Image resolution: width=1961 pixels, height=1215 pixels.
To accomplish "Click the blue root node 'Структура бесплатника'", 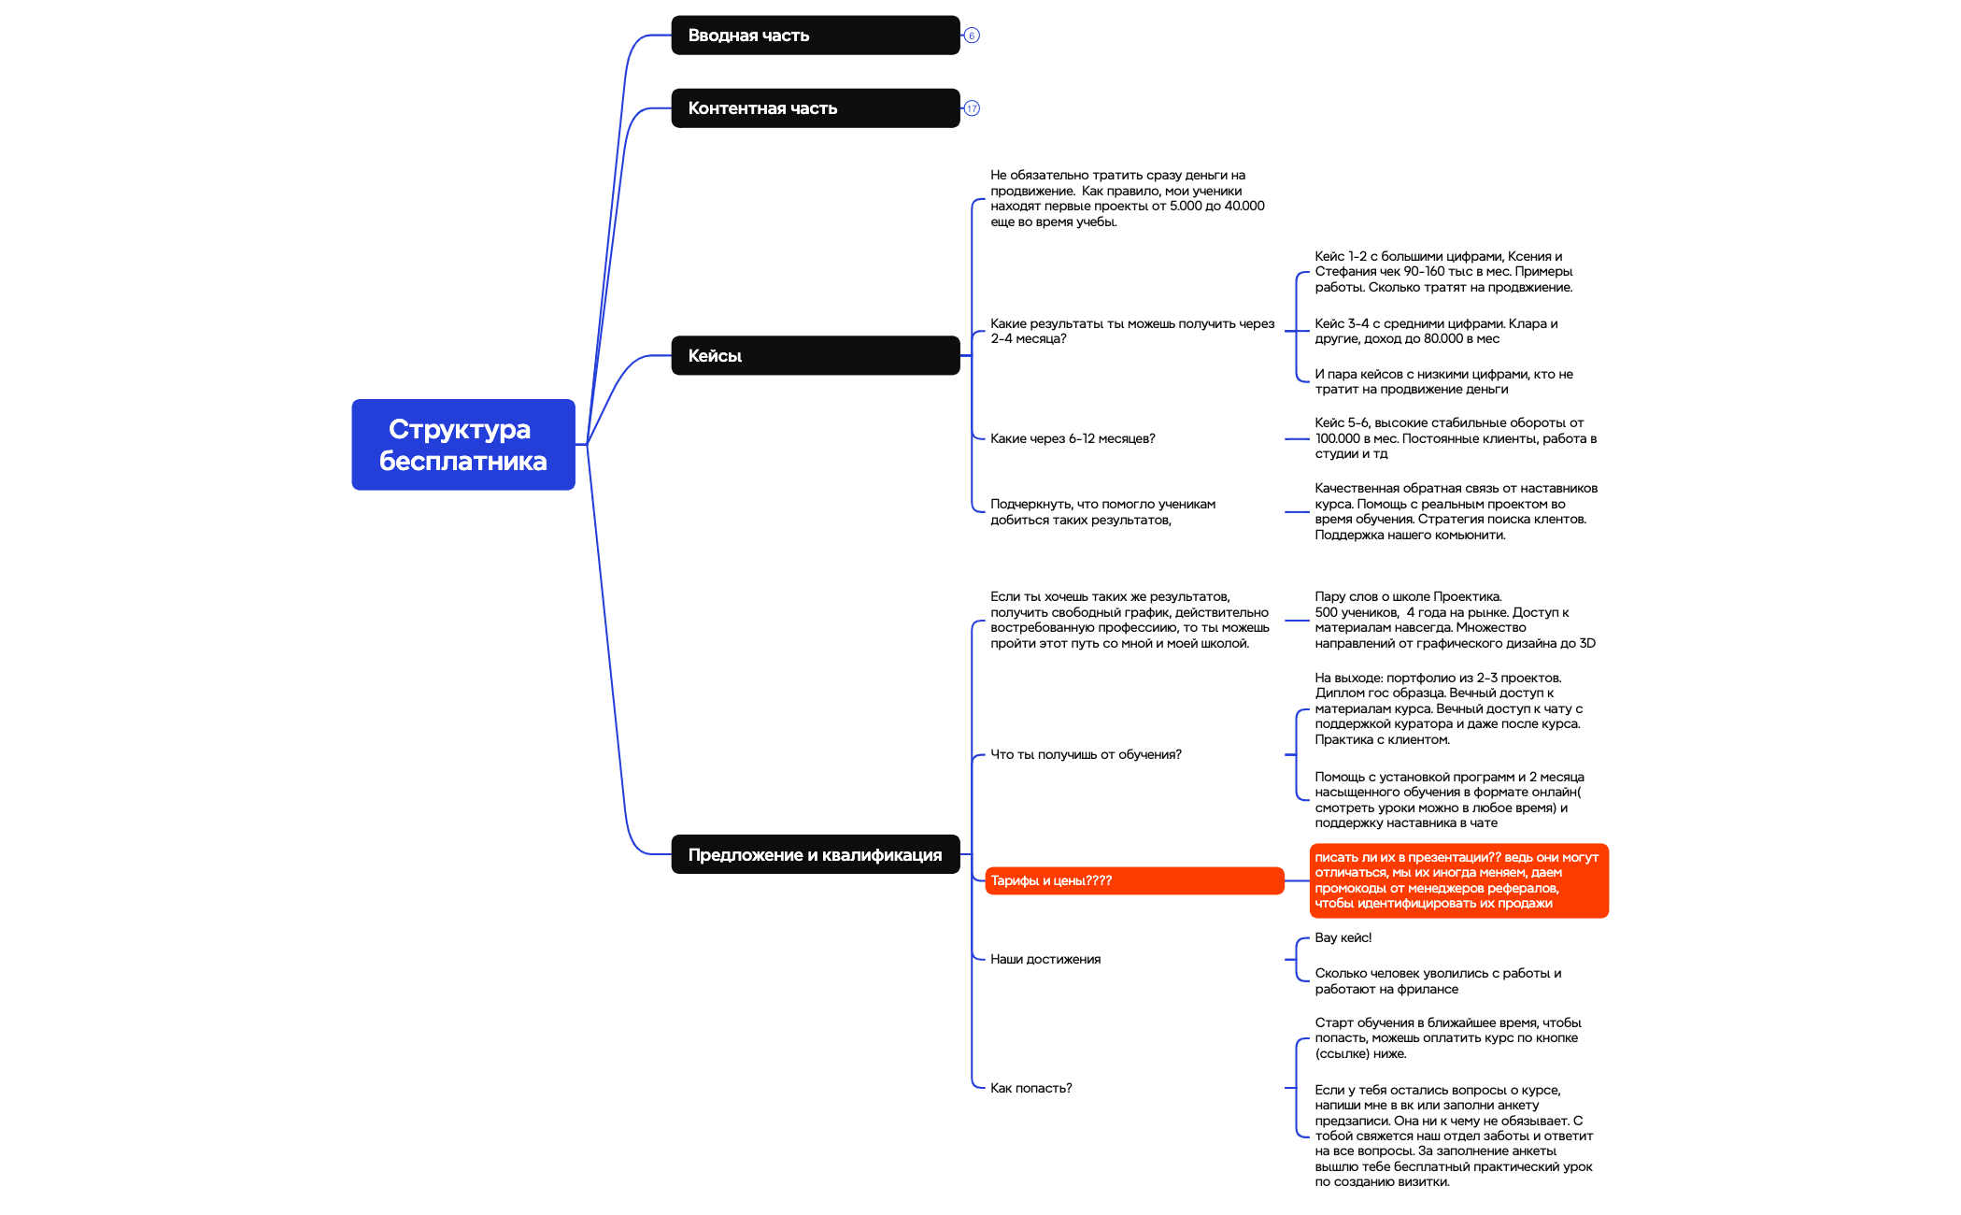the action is coord(463,445).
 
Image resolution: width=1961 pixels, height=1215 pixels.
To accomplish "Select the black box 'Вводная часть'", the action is coord(816,36).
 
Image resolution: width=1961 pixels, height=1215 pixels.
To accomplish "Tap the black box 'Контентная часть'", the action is coord(816,108).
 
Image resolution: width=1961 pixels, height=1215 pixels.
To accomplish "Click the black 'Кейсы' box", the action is coord(816,355).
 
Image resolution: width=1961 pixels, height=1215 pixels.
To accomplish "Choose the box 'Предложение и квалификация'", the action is coord(816,854).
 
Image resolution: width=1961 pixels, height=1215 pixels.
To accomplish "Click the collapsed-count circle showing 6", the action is coord(972,36).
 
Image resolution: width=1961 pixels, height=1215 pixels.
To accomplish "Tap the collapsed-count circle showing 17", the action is coord(972,108).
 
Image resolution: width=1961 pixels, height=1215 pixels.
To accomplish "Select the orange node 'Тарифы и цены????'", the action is coord(1134,880).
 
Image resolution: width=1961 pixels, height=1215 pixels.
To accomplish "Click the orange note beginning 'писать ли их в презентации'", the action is coord(1458,880).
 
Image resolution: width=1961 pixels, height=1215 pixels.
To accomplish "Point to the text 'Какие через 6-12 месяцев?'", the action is coord(1073,438).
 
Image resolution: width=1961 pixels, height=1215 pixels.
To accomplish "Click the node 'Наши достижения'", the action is coord(1045,959).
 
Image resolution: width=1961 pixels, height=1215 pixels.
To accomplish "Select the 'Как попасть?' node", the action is coord(1030,1088).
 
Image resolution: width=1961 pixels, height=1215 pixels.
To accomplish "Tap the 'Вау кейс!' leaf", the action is coord(1343,937).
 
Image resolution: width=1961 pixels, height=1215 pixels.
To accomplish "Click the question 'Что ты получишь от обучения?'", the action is coord(1086,754).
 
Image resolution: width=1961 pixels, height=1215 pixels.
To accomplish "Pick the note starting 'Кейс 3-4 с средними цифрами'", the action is coord(1436,331).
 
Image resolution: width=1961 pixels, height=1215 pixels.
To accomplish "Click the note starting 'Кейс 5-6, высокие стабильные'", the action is coord(1456,438).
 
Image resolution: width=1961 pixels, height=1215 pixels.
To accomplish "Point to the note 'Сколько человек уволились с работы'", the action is coord(1438,980).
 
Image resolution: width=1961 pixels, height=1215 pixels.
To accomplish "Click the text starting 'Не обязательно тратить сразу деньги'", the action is coord(1128,198).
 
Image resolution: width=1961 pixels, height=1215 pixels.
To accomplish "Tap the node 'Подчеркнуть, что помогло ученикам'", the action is coord(1102,511).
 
